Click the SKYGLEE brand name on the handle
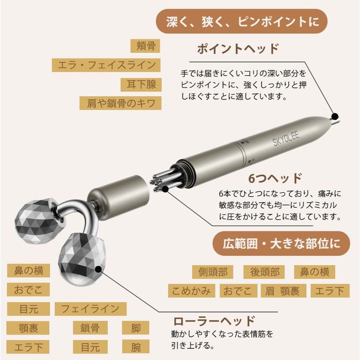click(x=286, y=138)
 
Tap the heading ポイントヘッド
click(x=238, y=49)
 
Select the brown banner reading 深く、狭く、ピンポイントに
click(x=242, y=21)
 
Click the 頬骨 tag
click(x=145, y=46)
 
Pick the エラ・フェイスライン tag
click(x=106, y=65)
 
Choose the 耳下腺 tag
click(x=141, y=84)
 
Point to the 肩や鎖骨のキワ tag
click(x=120, y=103)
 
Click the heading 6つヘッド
click(x=275, y=178)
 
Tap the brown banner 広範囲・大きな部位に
click(x=281, y=244)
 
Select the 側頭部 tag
click(x=213, y=272)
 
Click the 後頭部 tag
click(x=264, y=272)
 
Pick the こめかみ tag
click(x=192, y=291)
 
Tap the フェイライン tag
click(x=90, y=309)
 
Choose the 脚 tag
click(x=135, y=328)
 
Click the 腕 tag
click(x=135, y=347)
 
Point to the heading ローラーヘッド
click(x=214, y=321)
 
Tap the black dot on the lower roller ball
click(x=99, y=269)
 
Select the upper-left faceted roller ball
click(x=37, y=221)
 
